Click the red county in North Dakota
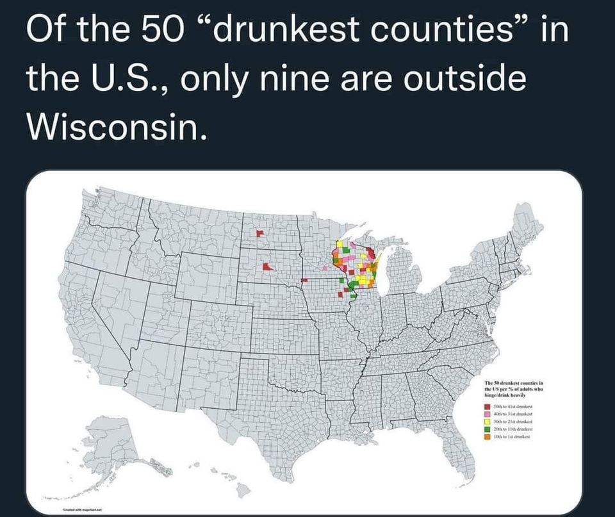click(x=259, y=233)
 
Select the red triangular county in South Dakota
click(x=266, y=267)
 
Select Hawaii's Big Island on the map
click(x=243, y=490)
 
